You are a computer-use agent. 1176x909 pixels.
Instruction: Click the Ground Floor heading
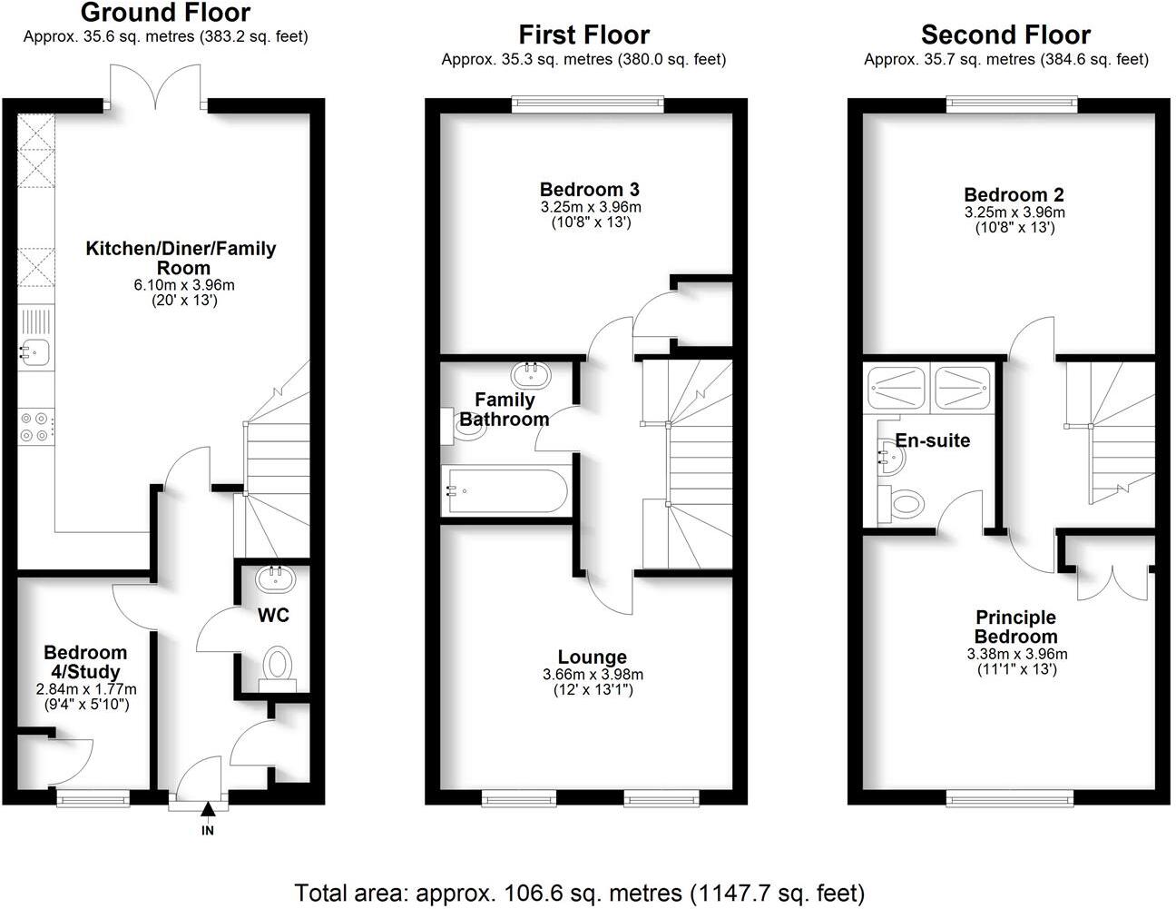tap(165, 13)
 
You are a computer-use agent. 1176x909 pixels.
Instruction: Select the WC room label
tap(273, 616)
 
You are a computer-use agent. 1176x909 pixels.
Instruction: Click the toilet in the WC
tap(276, 665)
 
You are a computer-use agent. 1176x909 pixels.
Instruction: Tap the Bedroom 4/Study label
tap(85, 662)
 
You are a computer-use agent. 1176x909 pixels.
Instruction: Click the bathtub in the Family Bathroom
tap(505, 491)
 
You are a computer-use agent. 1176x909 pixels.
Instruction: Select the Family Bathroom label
tap(505, 410)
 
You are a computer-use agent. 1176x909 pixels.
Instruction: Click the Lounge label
tap(592, 657)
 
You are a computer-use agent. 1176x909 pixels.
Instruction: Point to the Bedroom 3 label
tap(589, 190)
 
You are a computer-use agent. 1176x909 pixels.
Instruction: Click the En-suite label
tap(933, 440)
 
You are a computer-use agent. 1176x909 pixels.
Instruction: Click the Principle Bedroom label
tap(1016, 627)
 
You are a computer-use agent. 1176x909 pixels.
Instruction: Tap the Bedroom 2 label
tap(1014, 194)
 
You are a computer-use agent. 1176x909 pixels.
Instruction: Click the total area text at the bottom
tap(580, 892)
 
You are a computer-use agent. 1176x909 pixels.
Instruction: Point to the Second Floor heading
tap(1005, 35)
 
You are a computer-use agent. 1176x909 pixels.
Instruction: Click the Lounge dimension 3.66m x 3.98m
tap(592, 675)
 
